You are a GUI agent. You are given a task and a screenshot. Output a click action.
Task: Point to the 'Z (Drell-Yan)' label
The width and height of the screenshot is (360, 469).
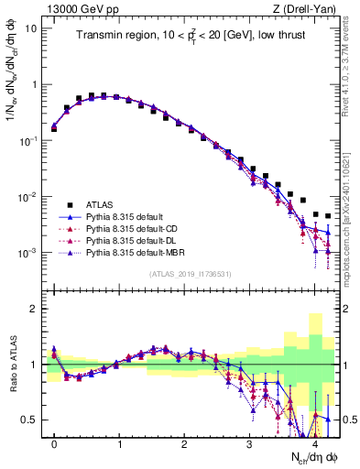(310, 9)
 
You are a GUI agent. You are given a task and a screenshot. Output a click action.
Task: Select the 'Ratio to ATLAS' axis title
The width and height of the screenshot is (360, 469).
(11, 365)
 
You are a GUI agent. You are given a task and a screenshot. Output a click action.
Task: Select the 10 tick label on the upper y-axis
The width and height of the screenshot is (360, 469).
(31, 27)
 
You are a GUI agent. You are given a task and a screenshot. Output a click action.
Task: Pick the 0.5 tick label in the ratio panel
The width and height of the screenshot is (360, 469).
(30, 420)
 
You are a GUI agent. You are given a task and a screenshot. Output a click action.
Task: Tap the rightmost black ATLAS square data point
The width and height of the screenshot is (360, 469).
(328, 216)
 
